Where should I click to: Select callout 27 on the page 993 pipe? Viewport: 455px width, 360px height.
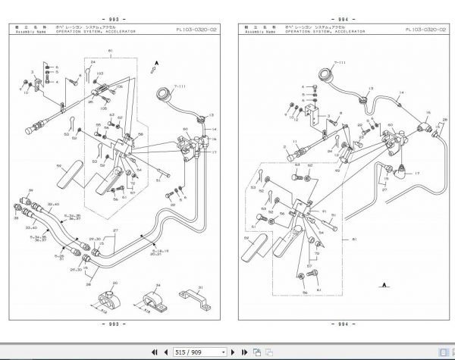click(116, 230)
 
